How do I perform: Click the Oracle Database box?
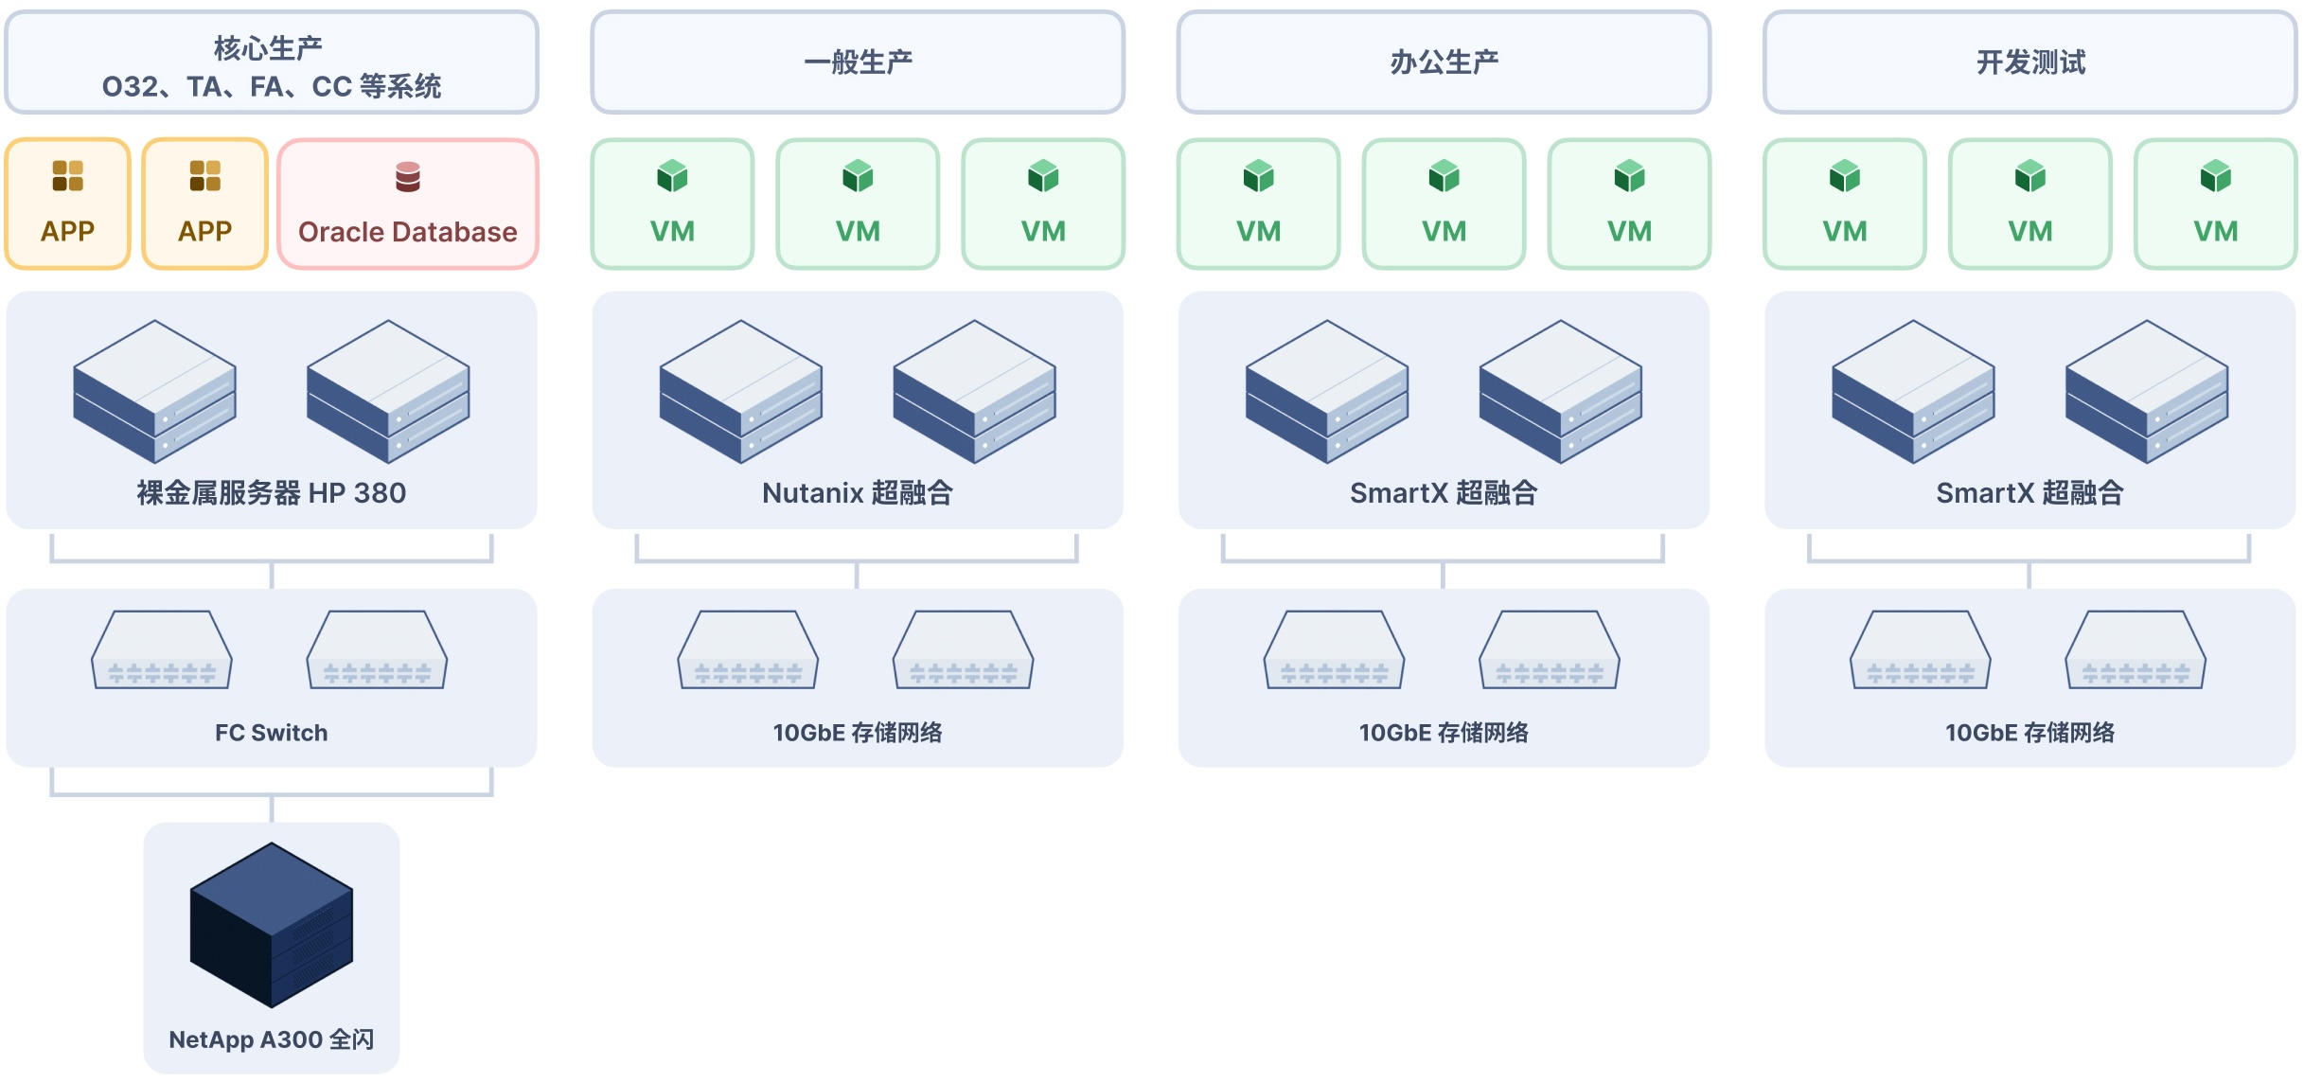coord(408,204)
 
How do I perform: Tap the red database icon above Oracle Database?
coord(408,176)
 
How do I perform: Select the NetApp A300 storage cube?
coord(272,924)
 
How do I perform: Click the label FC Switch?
coord(272,733)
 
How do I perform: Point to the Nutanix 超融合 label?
coord(858,493)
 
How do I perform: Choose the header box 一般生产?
coord(858,62)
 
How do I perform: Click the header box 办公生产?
coord(1444,62)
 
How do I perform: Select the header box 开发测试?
coord(2030,62)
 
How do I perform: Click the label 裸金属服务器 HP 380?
coord(272,493)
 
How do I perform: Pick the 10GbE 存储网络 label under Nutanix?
coord(858,733)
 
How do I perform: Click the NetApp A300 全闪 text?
coord(272,1039)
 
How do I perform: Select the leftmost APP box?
coord(67,204)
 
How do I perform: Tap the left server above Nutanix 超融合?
coord(741,391)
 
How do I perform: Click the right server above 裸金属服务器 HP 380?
coord(388,391)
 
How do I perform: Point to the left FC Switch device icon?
coord(162,650)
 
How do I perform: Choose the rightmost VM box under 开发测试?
coord(2216,204)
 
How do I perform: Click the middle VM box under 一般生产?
coord(858,204)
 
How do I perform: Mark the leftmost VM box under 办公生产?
coord(1258,204)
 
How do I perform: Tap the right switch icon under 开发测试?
coord(2136,650)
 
